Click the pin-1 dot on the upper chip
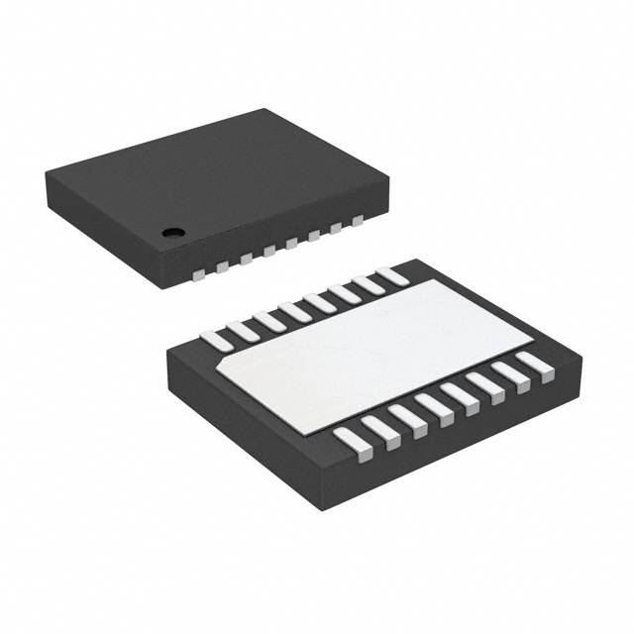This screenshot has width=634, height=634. coord(173,234)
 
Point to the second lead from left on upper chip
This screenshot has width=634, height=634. coord(223,264)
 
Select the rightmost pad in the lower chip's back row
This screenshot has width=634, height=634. coord(393,277)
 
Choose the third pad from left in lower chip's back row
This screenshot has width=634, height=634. coord(268,319)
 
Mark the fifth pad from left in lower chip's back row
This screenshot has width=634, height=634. coord(319,301)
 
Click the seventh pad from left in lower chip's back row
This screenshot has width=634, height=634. coord(369,285)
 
